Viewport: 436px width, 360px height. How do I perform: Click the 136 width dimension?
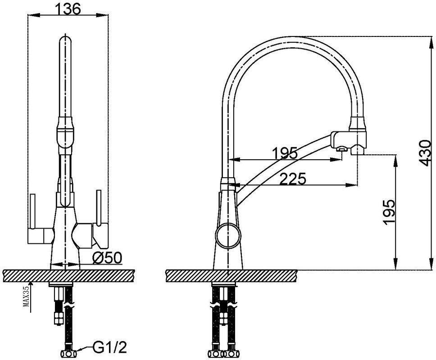click(68, 9)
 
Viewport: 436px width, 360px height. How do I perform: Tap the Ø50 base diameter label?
click(107, 258)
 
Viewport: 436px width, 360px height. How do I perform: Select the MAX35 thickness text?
click(27, 297)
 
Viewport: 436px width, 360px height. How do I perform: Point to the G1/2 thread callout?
click(109, 347)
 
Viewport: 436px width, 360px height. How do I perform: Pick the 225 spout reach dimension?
click(292, 179)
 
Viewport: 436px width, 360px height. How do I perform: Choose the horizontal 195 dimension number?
click(285, 153)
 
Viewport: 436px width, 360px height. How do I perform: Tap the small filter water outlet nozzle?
click(341, 150)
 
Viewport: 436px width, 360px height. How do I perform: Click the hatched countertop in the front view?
click(68, 275)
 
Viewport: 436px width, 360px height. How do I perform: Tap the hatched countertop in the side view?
click(232, 275)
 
